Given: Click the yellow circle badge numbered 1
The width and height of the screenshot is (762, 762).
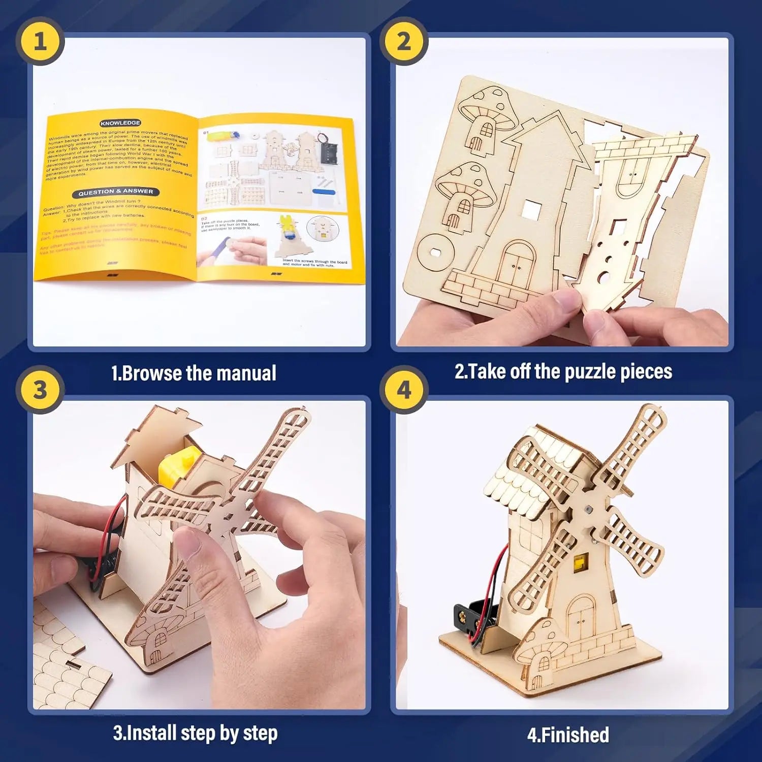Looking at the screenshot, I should pyautogui.click(x=40, y=41).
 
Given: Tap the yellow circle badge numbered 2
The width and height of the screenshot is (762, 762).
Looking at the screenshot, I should pyautogui.click(x=403, y=41).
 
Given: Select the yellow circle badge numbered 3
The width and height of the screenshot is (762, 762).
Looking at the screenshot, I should pyautogui.click(x=40, y=390).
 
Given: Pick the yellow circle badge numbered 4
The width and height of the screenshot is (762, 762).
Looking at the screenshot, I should pyautogui.click(x=403, y=390).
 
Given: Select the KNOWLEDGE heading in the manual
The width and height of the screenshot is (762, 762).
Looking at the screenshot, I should pyautogui.click(x=120, y=123).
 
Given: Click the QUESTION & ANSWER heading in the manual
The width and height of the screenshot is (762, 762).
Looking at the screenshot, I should pyautogui.click(x=115, y=192).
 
